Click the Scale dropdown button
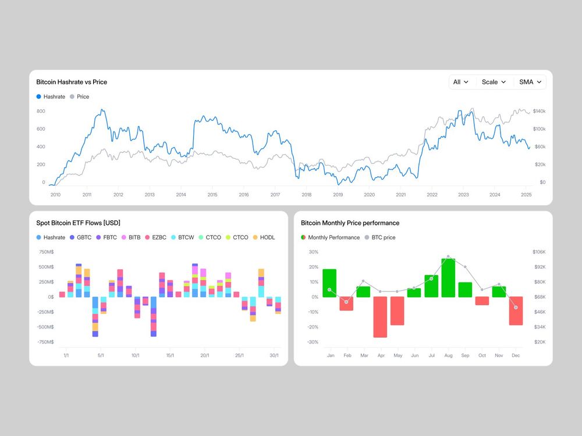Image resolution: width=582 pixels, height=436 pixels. point(494,82)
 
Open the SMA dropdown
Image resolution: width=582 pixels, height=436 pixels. point(530,82)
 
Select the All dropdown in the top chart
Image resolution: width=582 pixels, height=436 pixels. point(461,82)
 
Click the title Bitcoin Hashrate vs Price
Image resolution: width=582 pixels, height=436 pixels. point(72,82)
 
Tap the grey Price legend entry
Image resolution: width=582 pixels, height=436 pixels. point(80,97)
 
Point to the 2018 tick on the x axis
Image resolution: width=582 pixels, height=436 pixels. point(307,195)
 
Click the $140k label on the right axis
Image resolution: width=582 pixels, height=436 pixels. point(539,111)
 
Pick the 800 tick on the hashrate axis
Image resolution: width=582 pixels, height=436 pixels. point(41,111)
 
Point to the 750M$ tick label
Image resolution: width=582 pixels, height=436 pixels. point(46,252)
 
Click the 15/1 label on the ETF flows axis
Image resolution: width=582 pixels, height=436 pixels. point(170,356)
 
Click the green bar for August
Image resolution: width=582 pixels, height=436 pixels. point(448,278)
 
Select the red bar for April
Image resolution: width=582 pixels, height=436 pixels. point(381,317)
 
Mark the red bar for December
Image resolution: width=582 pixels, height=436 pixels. point(516,310)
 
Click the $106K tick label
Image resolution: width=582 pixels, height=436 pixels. point(539,252)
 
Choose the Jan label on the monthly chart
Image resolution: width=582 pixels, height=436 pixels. point(331,355)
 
